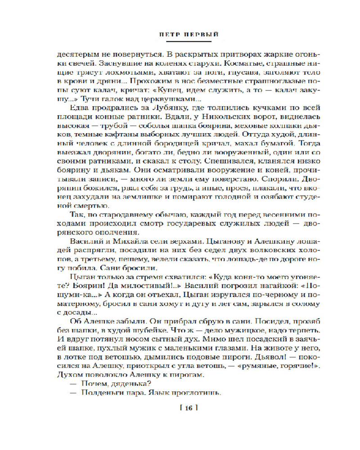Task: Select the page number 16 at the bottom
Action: [x=189, y=409]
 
